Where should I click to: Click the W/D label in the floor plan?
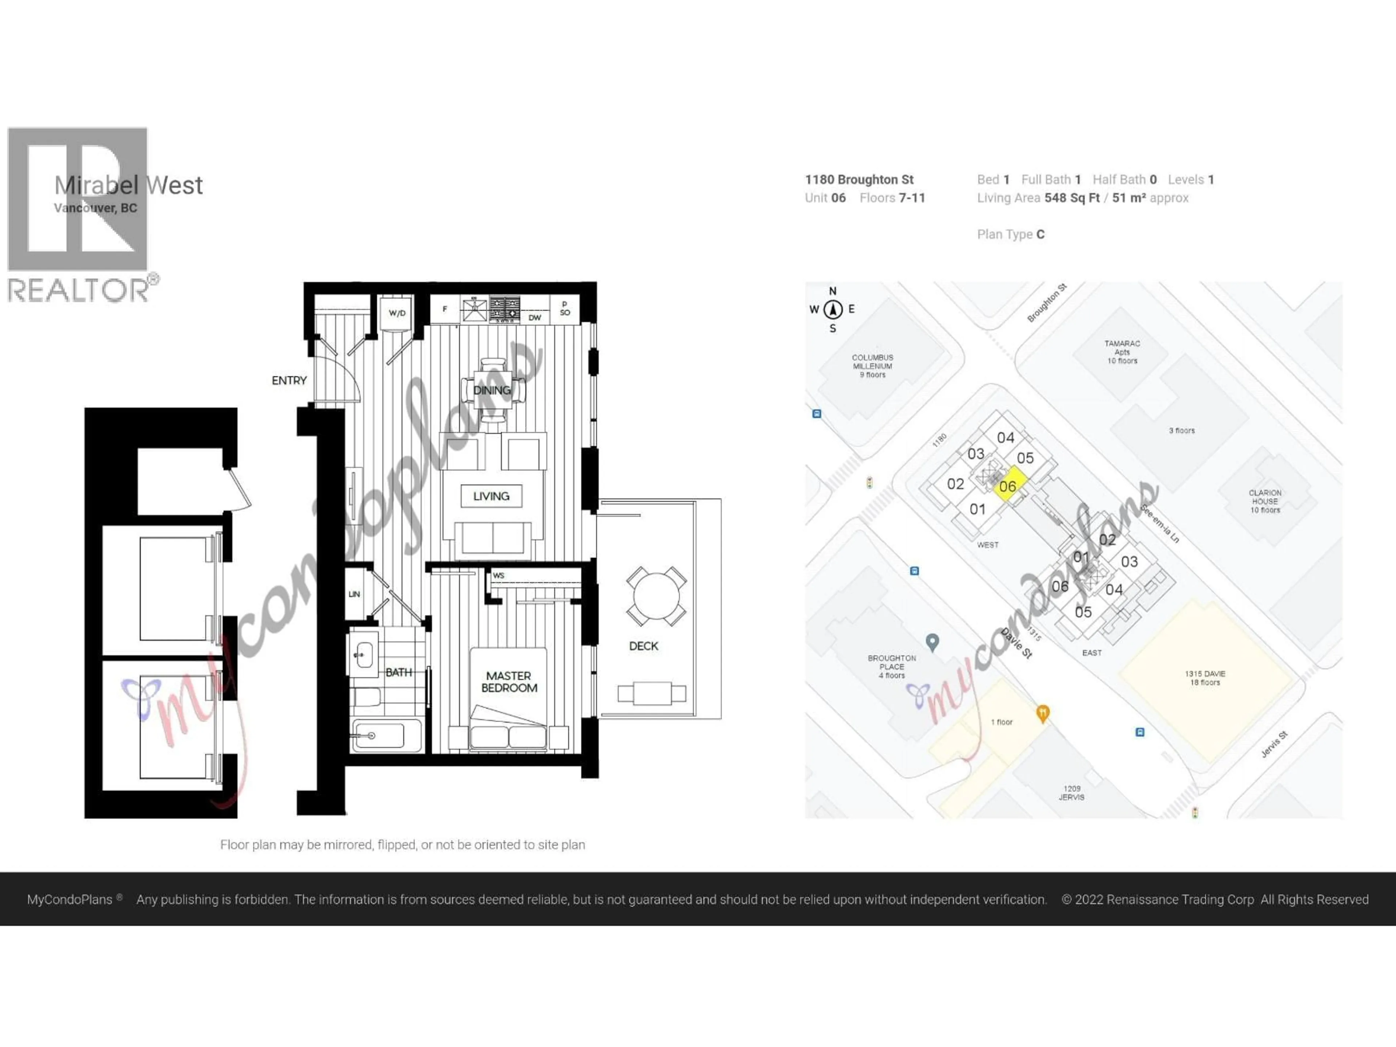[397, 313]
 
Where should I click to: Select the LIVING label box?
[491, 496]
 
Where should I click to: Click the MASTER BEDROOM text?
[509, 682]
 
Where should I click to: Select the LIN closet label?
[354, 594]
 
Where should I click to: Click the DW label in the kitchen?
[534, 317]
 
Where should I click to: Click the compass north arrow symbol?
[833, 309]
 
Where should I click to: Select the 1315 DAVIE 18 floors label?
[1205, 678]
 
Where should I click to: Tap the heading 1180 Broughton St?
[859, 180]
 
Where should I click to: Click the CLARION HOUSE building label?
[1265, 501]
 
